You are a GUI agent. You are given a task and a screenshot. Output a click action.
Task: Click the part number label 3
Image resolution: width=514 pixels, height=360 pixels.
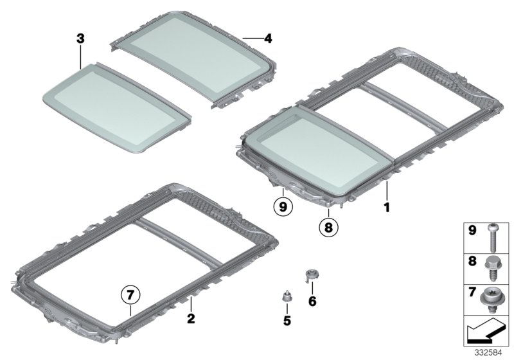(x=80, y=39)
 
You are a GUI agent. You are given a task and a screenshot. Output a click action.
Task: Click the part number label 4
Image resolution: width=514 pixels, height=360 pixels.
(x=268, y=39)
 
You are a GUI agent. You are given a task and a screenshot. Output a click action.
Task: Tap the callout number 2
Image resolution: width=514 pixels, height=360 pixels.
(x=190, y=318)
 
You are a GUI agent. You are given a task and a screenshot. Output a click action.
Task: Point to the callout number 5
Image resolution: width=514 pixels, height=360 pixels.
(x=287, y=320)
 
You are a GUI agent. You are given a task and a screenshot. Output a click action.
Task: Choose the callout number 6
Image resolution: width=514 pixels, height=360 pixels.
(x=313, y=300)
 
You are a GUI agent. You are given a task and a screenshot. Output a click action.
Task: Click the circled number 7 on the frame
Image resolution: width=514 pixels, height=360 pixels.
(x=130, y=295)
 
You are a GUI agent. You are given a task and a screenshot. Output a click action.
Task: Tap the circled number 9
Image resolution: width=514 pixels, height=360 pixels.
(x=282, y=207)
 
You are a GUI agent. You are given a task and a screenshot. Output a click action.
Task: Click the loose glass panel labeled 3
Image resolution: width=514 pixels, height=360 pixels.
(x=116, y=106)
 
